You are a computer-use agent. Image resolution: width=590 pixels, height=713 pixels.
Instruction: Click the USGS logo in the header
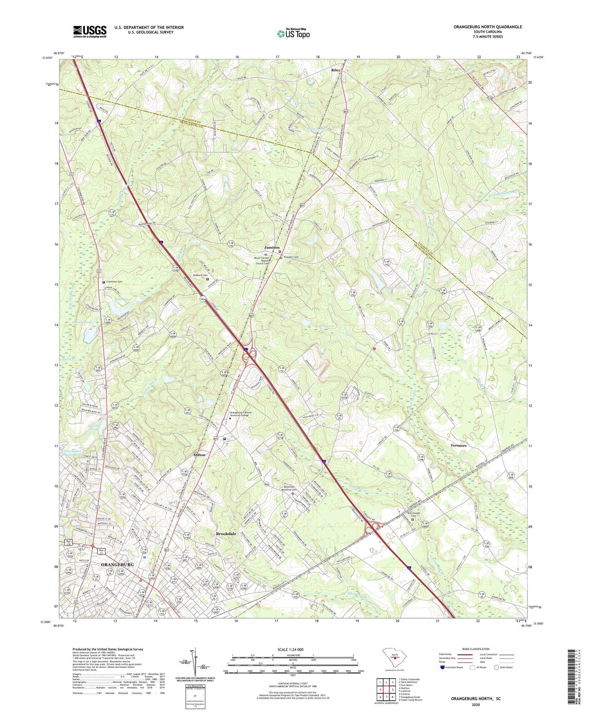(90, 31)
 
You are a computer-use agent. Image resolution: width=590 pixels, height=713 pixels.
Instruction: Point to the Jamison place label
(272, 247)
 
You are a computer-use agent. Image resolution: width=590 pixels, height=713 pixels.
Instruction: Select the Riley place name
(336, 70)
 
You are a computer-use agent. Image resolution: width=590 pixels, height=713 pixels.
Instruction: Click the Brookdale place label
(226, 534)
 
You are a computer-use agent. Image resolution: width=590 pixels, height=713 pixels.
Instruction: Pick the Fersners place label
(459, 446)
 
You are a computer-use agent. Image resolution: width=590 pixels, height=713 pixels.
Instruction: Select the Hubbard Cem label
(198, 275)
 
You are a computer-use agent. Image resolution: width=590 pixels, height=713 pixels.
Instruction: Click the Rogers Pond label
(324, 326)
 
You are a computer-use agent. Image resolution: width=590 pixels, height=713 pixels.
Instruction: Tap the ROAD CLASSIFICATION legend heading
(467, 649)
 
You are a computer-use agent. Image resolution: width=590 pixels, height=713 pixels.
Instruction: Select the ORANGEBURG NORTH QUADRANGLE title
(488, 27)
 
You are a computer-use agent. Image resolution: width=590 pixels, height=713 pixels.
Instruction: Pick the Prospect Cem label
(291, 257)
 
